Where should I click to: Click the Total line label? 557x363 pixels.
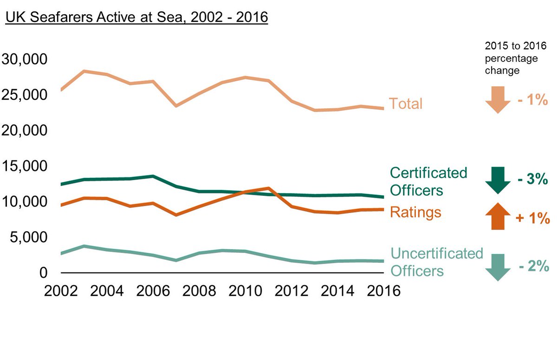[x=405, y=104]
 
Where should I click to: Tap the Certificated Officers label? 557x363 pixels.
[x=428, y=181]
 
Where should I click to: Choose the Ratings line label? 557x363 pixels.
[x=415, y=212]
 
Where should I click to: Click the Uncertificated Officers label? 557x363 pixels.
[x=436, y=262]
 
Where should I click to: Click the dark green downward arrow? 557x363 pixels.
[x=498, y=180]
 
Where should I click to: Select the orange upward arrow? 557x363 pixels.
[x=498, y=216]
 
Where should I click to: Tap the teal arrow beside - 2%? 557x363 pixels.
[x=498, y=267]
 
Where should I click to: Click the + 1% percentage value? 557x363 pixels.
[x=532, y=218]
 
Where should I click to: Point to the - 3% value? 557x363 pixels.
[x=532, y=180]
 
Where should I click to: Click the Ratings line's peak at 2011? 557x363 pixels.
[x=268, y=188]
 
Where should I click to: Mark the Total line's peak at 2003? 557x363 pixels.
[x=84, y=71]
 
